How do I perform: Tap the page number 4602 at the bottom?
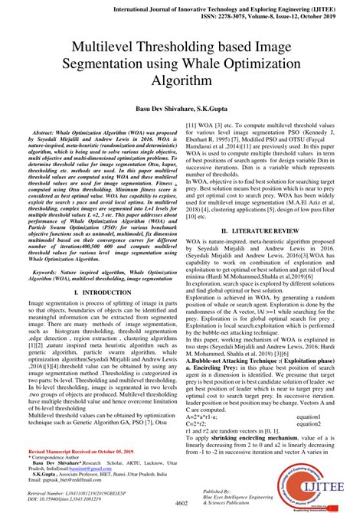(181, 502)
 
